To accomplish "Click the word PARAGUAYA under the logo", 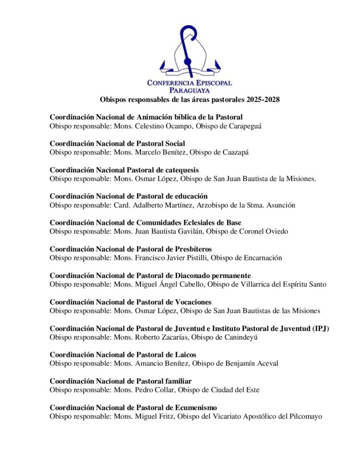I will pyautogui.click(x=189, y=90).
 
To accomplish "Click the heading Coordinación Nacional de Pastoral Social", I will pyautogui.click(x=117, y=143).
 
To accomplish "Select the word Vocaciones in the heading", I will pyautogui.click(x=190, y=302).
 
